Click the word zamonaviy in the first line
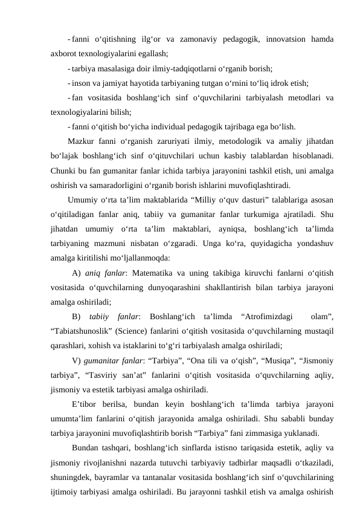tap(199, 40)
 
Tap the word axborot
tap(65, 53)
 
